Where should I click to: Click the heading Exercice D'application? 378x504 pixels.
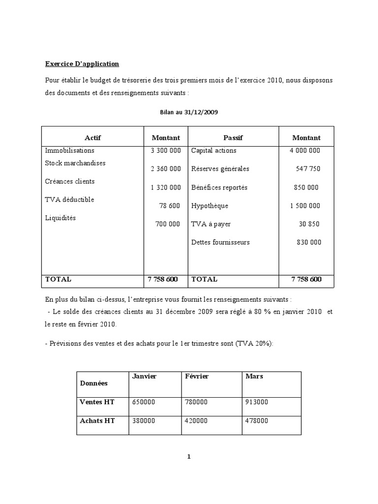click(82, 64)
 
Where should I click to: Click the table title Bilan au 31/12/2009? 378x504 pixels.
click(189, 112)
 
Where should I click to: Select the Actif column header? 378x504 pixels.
click(93, 138)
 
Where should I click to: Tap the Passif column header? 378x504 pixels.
click(233, 138)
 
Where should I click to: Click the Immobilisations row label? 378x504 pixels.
click(69, 151)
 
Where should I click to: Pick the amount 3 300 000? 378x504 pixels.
click(165, 151)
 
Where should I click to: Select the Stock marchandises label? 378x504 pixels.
click(75, 163)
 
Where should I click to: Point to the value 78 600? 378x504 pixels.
click(170, 206)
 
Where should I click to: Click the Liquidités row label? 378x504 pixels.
click(61, 218)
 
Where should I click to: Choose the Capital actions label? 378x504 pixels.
click(214, 151)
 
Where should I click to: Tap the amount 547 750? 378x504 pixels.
click(308, 169)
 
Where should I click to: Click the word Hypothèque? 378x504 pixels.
click(210, 206)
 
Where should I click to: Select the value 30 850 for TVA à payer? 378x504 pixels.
click(309, 224)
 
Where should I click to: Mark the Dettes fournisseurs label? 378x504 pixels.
click(220, 242)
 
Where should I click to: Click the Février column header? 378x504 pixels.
click(197, 377)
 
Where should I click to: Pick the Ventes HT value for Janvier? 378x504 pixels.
click(144, 402)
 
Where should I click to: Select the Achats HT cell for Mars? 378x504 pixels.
click(256, 421)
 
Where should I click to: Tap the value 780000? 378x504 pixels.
click(196, 402)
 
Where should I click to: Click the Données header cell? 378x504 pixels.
click(94, 383)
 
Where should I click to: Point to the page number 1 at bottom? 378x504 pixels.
click(189, 457)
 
